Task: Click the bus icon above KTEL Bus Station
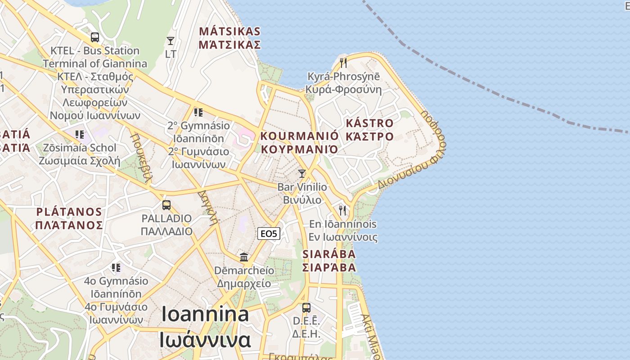click(94, 37)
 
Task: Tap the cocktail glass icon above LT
click(171, 41)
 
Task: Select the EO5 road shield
click(269, 234)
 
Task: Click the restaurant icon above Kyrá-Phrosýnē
click(343, 63)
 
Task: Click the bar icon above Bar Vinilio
click(302, 174)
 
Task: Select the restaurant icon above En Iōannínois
click(342, 210)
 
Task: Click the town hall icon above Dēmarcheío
click(244, 257)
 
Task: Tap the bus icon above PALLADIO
click(166, 205)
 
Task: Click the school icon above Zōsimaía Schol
click(80, 134)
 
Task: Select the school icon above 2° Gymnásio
click(198, 112)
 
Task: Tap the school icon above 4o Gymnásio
click(116, 268)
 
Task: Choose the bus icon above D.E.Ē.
click(306, 308)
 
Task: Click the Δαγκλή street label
click(208, 207)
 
